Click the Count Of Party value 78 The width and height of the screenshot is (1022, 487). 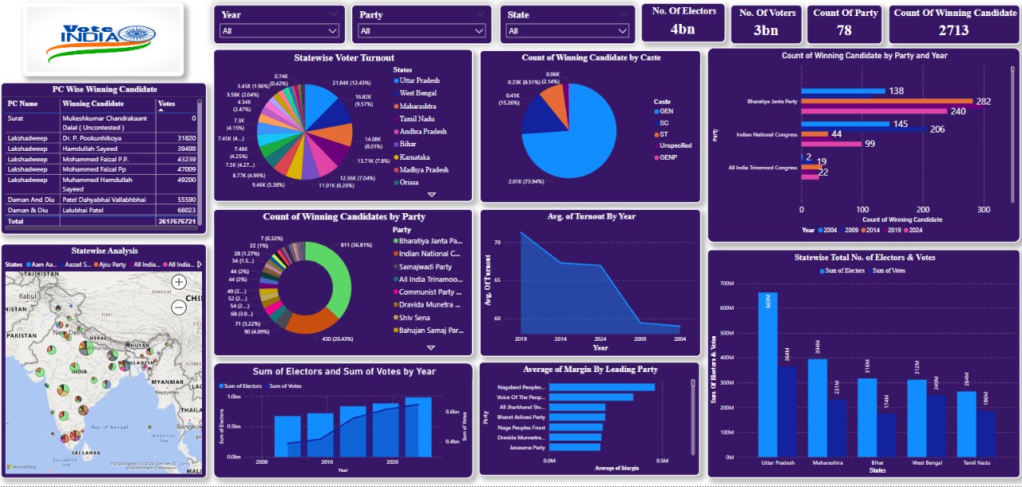pyautogui.click(x=845, y=30)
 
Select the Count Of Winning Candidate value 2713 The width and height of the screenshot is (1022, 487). pyautogui.click(x=953, y=30)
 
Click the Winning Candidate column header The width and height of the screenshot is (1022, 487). pyautogui.click(x=93, y=104)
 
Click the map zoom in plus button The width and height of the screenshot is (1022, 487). pyautogui.click(x=179, y=281)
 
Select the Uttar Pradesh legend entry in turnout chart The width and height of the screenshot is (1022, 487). pyautogui.click(x=418, y=81)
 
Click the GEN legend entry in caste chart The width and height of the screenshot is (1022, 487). pyautogui.click(x=667, y=112)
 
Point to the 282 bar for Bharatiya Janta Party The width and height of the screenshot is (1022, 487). pyautogui.click(x=887, y=101)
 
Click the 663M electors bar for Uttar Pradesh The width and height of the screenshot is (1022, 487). pyautogui.click(x=767, y=375)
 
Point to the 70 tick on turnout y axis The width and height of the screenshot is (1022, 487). pyautogui.click(x=497, y=242)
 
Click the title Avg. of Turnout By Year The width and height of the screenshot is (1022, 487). pyautogui.click(x=590, y=216)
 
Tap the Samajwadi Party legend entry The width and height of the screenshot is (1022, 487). pyautogui.click(x=426, y=267)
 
